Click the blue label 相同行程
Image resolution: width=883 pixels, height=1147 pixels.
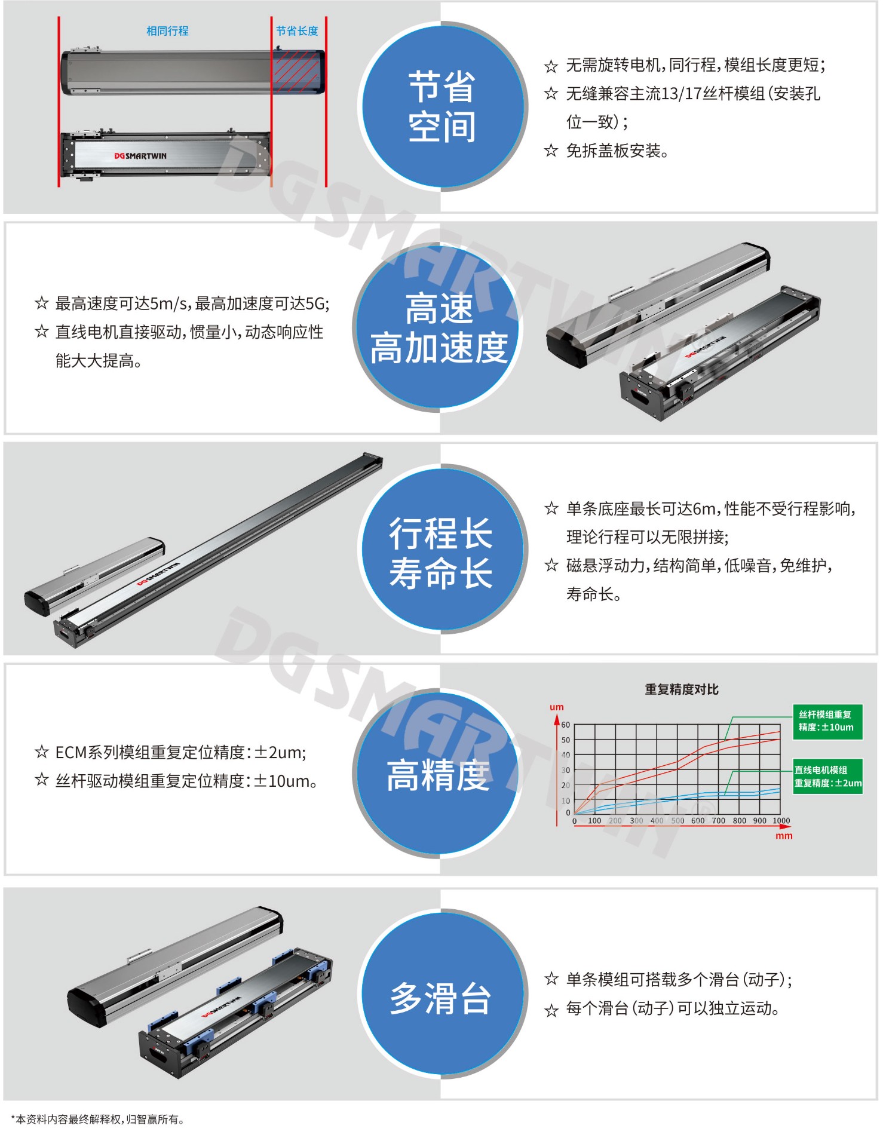coord(167,30)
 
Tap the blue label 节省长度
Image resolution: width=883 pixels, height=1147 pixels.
coord(297,30)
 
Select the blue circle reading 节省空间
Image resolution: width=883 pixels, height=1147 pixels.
coord(441,106)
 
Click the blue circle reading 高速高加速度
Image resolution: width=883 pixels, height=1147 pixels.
coord(439,327)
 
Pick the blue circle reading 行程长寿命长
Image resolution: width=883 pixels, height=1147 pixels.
coord(441,549)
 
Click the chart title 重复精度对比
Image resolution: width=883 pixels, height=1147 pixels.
coord(682,689)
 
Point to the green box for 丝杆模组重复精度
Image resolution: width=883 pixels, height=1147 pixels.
coord(827,721)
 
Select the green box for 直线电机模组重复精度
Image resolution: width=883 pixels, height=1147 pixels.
coord(827,777)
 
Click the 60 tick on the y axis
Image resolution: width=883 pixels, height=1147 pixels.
coord(565,725)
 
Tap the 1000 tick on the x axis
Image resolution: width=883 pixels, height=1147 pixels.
coord(781,821)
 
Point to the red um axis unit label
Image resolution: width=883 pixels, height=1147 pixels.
coord(556,707)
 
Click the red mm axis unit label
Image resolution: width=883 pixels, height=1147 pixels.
coord(784,836)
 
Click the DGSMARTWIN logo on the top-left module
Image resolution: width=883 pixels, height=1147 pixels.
coord(140,156)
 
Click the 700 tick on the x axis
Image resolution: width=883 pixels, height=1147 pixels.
coord(718,821)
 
